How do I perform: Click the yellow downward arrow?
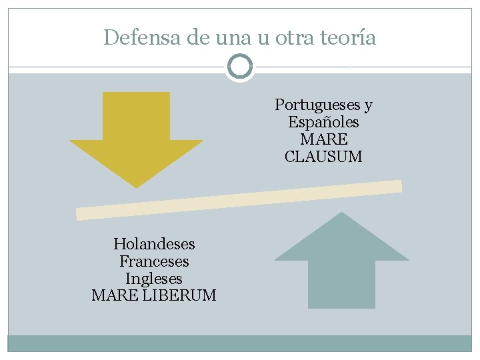(x=137, y=133)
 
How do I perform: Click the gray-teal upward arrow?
(x=341, y=267)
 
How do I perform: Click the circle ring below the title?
(x=240, y=67)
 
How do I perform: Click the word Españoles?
(x=323, y=123)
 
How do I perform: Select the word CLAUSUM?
(x=323, y=157)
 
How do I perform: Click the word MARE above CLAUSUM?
(x=323, y=140)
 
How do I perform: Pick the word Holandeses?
(x=154, y=244)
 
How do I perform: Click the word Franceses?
(x=154, y=261)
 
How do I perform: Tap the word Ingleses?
(x=154, y=279)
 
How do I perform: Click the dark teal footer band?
(x=240, y=343)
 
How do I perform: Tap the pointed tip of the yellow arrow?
(x=137, y=186)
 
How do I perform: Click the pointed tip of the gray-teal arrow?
(x=341, y=214)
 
